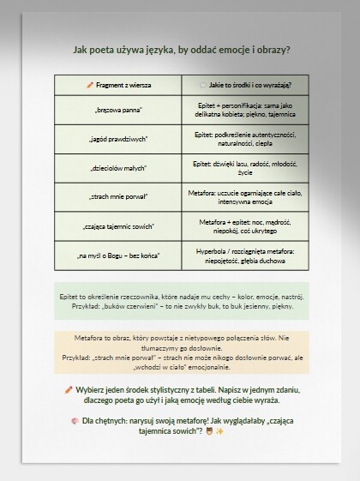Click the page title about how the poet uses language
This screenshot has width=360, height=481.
click(182, 50)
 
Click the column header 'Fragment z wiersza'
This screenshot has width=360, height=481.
click(117, 85)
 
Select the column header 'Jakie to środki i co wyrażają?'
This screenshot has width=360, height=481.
click(245, 85)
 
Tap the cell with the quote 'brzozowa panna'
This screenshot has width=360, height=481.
click(117, 110)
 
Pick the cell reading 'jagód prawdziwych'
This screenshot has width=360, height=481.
click(117, 139)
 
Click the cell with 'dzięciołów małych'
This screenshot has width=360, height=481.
click(117, 168)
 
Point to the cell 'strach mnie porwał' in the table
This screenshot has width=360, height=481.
click(117, 197)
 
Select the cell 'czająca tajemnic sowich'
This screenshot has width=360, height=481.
click(117, 226)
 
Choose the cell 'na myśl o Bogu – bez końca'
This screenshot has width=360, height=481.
click(117, 256)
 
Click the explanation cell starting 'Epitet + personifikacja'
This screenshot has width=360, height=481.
click(245, 110)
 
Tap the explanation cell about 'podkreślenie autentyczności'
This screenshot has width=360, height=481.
click(245, 139)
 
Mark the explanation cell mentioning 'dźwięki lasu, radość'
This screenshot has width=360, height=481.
click(245, 168)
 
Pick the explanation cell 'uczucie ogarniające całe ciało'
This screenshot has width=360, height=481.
click(245, 197)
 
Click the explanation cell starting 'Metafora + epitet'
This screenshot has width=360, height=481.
click(245, 226)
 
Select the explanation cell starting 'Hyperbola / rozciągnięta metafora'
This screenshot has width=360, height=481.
click(245, 256)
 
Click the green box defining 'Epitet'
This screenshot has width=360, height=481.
click(182, 300)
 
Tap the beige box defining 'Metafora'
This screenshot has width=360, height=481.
click(182, 352)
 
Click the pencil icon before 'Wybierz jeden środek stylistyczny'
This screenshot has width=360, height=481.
click(69, 389)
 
